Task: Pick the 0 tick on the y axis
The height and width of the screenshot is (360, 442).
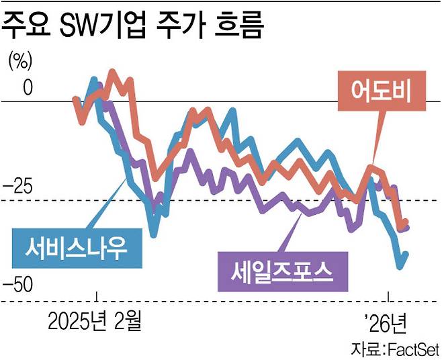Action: pyautogui.click(x=26, y=87)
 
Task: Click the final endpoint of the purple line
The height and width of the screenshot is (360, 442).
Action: pyautogui.click(x=407, y=227)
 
